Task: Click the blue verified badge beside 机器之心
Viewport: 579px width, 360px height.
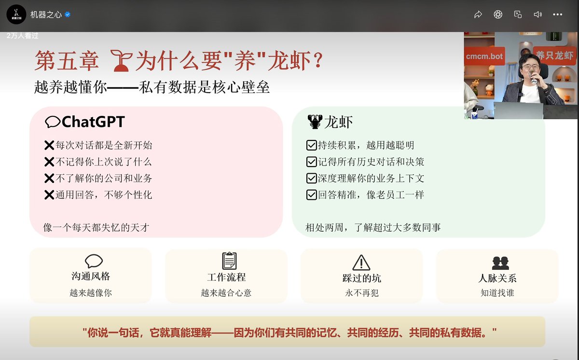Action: pyautogui.click(x=68, y=14)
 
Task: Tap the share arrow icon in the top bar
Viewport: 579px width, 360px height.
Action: pyautogui.click(x=478, y=14)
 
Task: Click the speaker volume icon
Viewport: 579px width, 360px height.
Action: pyautogui.click(x=538, y=14)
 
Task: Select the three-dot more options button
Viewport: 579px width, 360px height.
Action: pyautogui.click(x=557, y=14)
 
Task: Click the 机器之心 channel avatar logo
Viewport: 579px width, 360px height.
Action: pyautogui.click(x=16, y=14)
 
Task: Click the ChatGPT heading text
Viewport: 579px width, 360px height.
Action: pyautogui.click(x=93, y=122)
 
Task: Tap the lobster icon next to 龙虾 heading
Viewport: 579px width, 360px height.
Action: pyautogui.click(x=314, y=122)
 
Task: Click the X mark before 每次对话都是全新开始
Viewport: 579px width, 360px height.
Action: pyautogui.click(x=49, y=145)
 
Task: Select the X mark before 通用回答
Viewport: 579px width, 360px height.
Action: pyautogui.click(x=49, y=195)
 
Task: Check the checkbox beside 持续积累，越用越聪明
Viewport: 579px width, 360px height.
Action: pyautogui.click(x=311, y=145)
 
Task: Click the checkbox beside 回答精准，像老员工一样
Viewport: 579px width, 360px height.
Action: pyautogui.click(x=311, y=195)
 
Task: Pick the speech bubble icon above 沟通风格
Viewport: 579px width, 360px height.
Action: pyautogui.click(x=94, y=261)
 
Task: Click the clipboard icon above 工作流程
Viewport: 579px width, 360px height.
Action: pyautogui.click(x=229, y=261)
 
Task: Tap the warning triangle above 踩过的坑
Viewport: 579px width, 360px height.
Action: pyautogui.click(x=361, y=262)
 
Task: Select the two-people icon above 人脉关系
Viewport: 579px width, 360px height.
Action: pyautogui.click(x=500, y=263)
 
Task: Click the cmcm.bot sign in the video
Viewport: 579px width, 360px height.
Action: pyautogui.click(x=484, y=56)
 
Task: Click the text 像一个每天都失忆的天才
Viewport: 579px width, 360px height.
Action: pyautogui.click(x=96, y=228)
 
